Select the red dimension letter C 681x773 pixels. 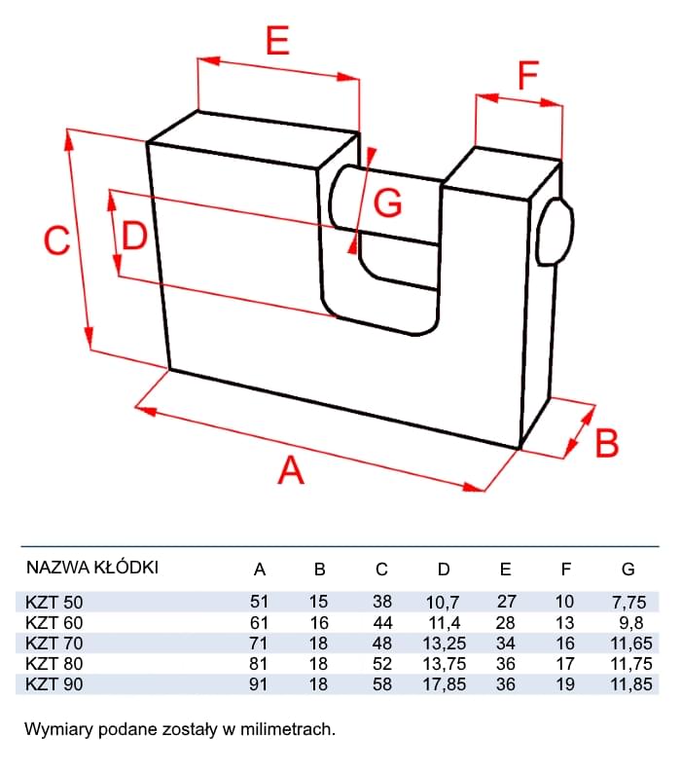coord(58,240)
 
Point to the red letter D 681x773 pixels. coord(134,236)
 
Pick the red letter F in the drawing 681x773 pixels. coord(527,75)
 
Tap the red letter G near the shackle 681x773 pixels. coord(388,202)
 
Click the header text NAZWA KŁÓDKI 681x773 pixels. coord(91,568)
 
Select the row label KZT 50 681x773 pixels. coord(54,602)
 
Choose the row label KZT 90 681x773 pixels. coord(54,683)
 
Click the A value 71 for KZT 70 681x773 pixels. coord(259,643)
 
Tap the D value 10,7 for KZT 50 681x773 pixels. coord(444,602)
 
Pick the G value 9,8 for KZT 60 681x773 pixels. coord(627,622)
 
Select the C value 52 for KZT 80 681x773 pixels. coord(382,663)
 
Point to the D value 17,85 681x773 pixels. coord(444,683)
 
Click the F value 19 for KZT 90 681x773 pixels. coord(565,683)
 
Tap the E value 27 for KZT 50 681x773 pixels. coord(505,602)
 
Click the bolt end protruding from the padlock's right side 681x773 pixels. coord(555,232)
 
